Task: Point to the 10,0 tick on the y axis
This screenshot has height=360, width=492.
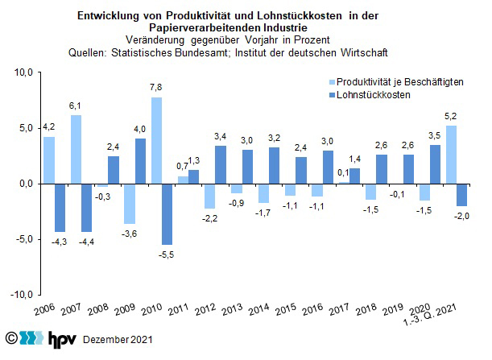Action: pos(23,72)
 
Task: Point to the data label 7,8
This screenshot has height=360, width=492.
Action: pos(157,89)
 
